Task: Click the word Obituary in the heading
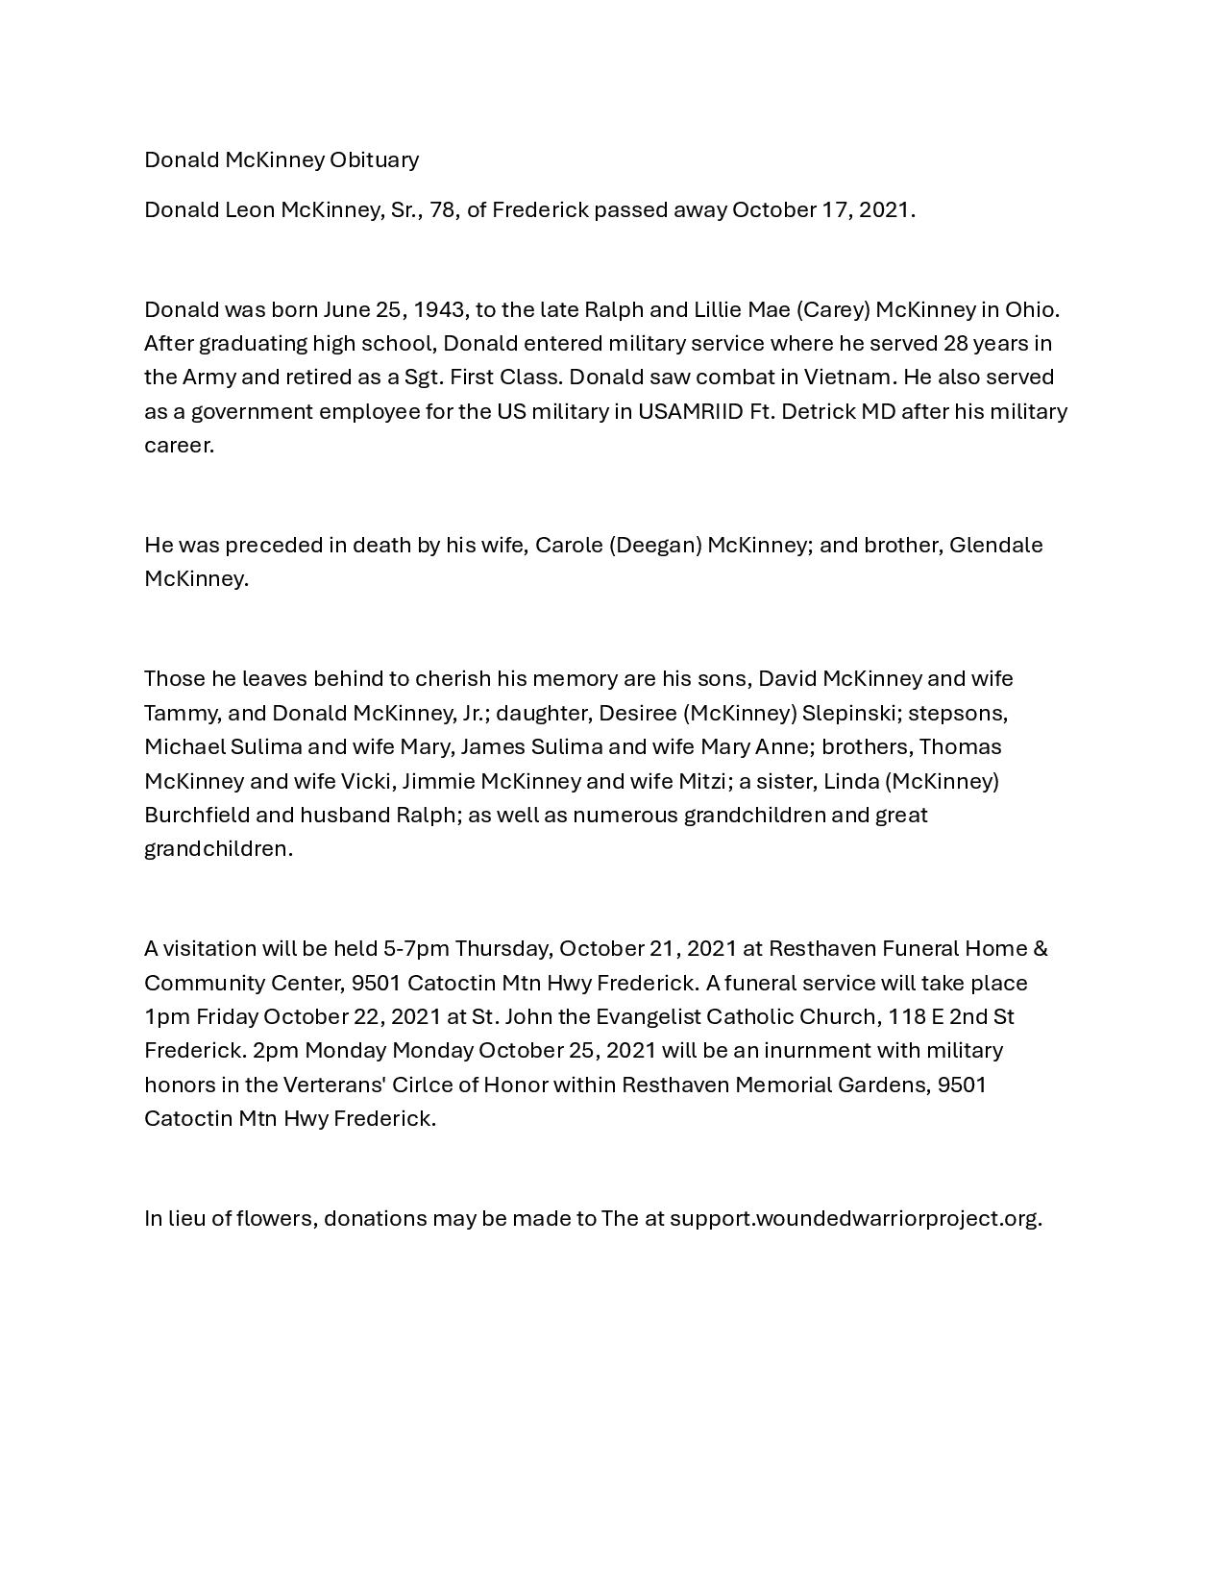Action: (374, 159)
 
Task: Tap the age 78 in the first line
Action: (443, 209)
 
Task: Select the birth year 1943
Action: (439, 309)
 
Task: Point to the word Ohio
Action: (1031, 309)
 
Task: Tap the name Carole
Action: (569, 545)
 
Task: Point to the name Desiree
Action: (637, 713)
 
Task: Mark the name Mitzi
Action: (703, 781)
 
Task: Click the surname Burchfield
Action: (197, 815)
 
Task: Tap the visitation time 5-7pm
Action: (416, 948)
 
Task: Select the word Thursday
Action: (503, 948)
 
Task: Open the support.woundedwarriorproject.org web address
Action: (855, 1218)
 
